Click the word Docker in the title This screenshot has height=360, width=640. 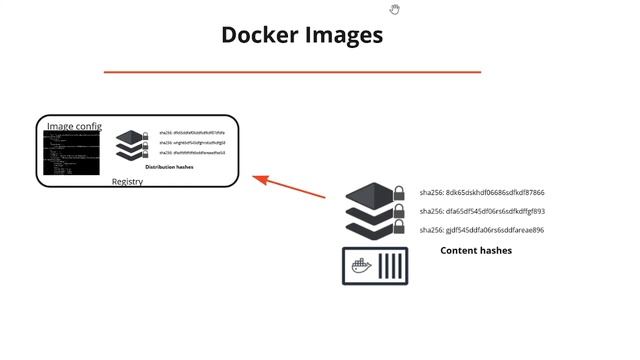tap(256, 35)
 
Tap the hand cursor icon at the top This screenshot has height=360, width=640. tap(395, 9)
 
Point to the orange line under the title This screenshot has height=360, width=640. tap(292, 72)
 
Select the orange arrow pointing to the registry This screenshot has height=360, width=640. tap(289, 188)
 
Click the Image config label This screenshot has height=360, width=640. tap(74, 126)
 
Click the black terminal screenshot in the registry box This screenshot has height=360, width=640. tap(71, 154)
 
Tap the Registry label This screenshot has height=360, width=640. tap(127, 182)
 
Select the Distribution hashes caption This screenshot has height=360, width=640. tap(169, 167)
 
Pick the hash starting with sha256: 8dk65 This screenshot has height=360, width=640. tap(481, 192)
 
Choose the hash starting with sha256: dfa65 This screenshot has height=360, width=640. tap(481, 211)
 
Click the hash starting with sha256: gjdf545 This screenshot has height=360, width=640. tap(481, 230)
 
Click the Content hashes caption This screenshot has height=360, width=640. tap(476, 251)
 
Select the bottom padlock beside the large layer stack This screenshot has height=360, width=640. tap(398, 230)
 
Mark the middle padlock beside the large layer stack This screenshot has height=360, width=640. tap(398, 211)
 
